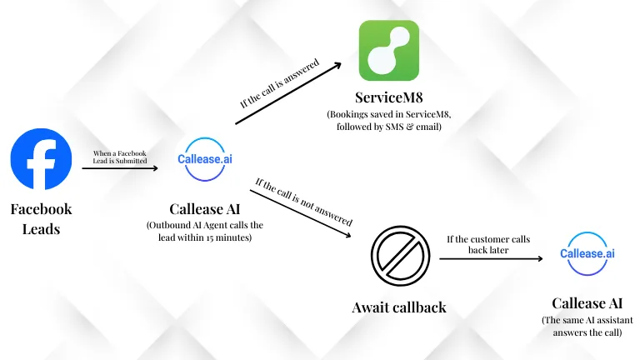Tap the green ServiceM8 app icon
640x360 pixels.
tap(388, 51)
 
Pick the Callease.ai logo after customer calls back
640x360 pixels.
tap(587, 253)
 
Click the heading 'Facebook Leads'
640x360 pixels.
tap(41, 218)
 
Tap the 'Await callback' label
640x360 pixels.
tap(398, 307)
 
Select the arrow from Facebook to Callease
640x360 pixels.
tap(120, 168)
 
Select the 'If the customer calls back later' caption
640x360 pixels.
tap(488, 244)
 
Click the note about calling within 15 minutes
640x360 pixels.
tap(205, 232)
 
